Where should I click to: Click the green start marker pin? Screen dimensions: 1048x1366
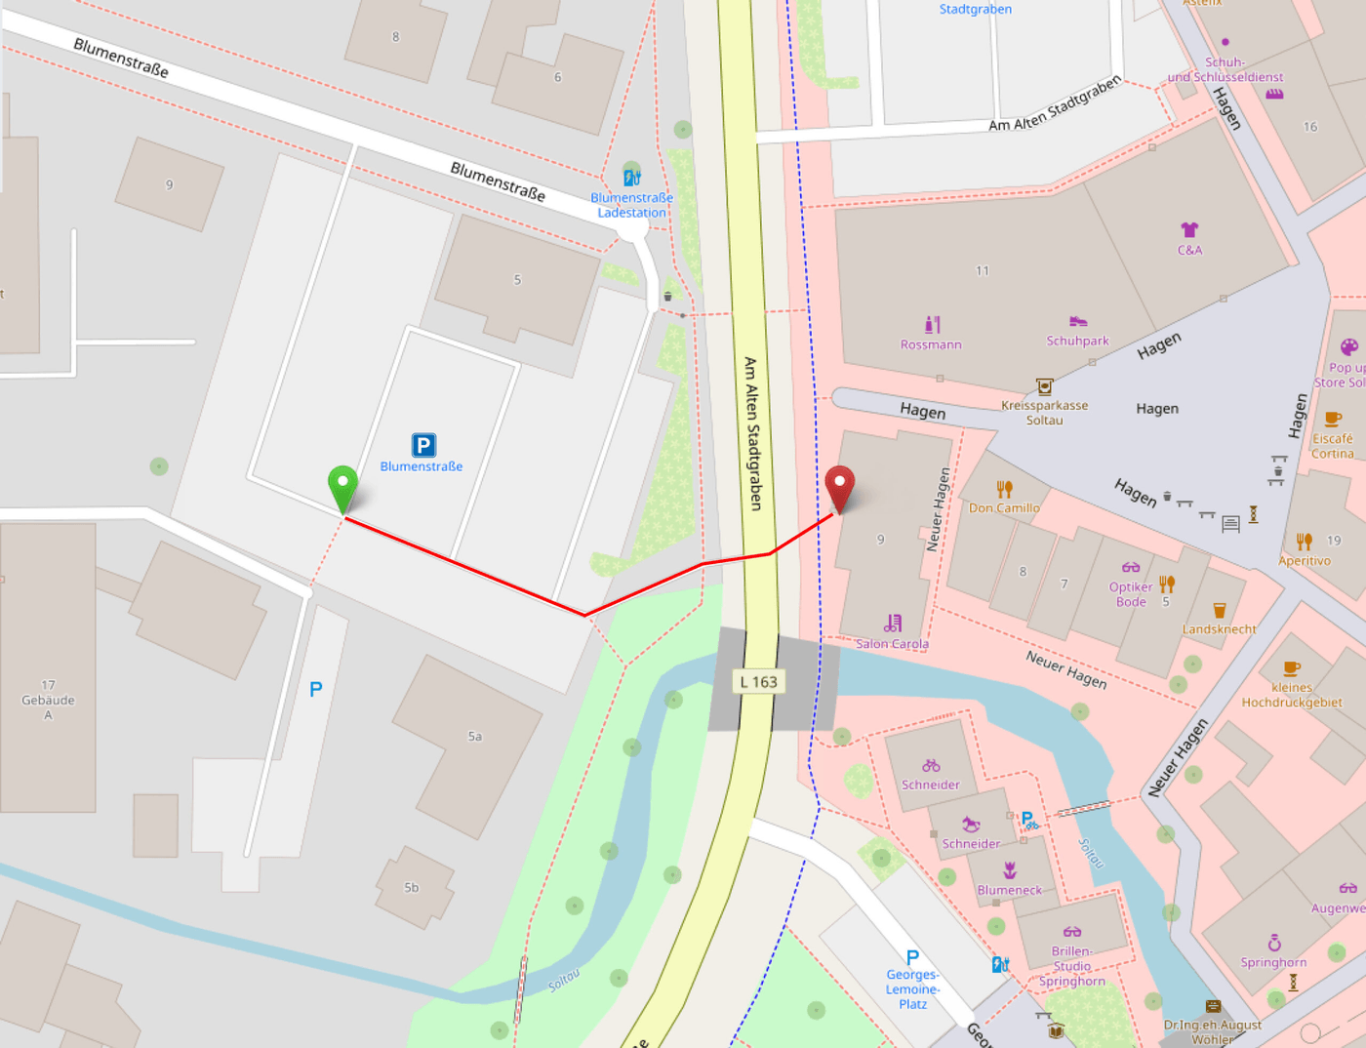342,486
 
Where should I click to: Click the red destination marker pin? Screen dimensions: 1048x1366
839,485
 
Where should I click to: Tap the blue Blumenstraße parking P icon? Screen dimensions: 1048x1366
423,445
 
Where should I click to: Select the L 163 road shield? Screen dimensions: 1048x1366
758,682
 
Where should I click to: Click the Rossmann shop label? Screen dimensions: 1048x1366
931,344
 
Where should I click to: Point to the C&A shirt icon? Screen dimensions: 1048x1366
1189,230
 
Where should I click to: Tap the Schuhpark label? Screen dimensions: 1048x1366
1077,341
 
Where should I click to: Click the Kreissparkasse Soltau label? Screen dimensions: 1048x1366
1044,413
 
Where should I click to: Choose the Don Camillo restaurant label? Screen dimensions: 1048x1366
1004,507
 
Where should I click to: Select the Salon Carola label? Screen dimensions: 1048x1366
892,643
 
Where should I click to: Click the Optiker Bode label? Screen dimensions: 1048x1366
1131,594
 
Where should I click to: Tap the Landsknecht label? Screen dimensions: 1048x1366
1219,629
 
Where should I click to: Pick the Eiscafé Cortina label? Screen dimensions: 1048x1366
1332,446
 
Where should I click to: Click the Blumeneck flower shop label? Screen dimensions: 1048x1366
1010,890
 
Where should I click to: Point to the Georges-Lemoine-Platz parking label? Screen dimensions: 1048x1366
912,988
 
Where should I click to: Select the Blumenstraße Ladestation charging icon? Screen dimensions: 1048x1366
632,178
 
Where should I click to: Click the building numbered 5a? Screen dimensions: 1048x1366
474,737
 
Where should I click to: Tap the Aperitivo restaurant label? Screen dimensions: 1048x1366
1305,561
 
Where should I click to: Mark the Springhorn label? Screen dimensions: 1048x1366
1273,962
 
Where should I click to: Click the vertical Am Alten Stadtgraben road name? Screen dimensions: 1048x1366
752,433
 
